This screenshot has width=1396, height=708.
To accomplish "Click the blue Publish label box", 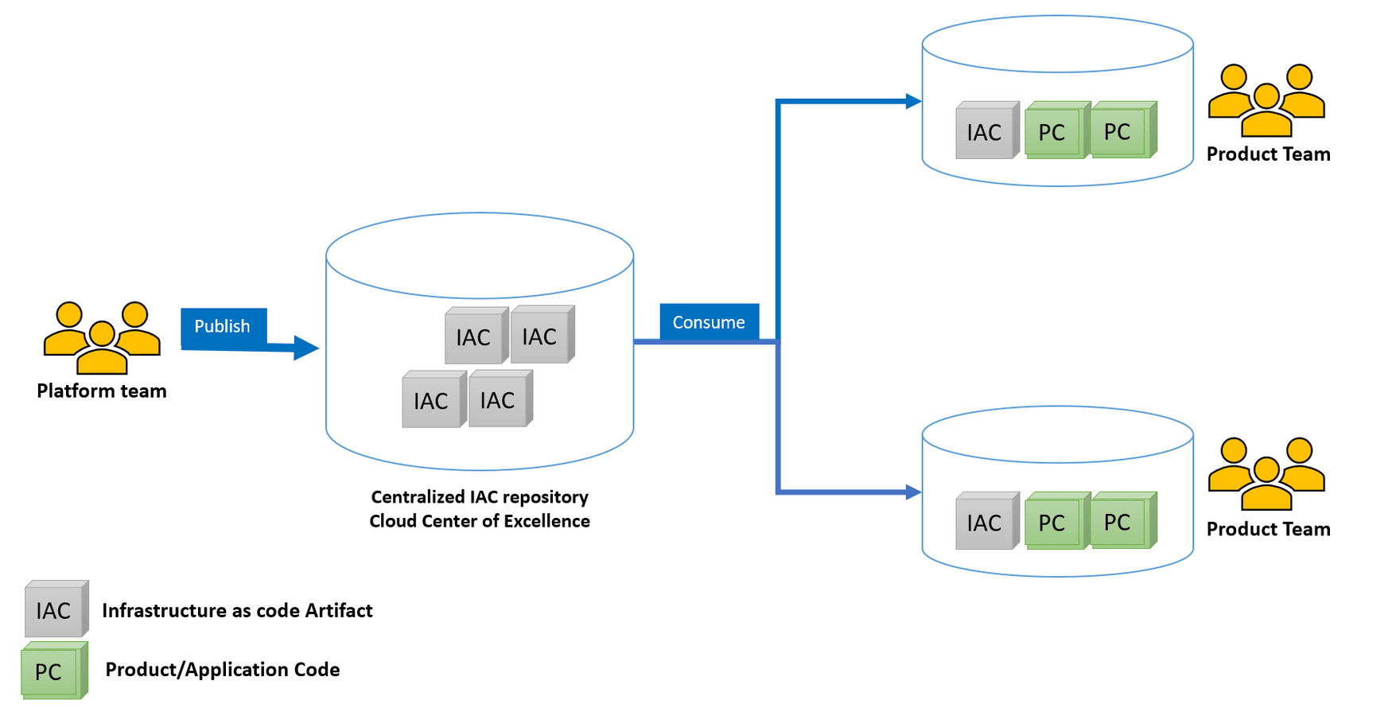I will pyautogui.click(x=223, y=327).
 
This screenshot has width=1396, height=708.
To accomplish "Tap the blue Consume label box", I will pyautogui.click(x=709, y=322).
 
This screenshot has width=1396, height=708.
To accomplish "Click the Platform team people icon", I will pyautogui.click(x=102, y=337).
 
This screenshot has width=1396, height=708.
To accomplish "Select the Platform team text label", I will pyautogui.click(x=102, y=391).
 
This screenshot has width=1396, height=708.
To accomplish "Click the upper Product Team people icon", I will pyautogui.click(x=1266, y=100).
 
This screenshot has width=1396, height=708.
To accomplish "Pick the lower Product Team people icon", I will pyautogui.click(x=1266, y=473).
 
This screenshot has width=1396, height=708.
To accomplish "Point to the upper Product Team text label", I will pyautogui.click(x=1268, y=154).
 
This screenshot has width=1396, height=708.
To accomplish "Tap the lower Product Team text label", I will pyautogui.click(x=1268, y=530).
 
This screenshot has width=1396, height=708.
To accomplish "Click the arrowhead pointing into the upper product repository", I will pyautogui.click(x=914, y=101).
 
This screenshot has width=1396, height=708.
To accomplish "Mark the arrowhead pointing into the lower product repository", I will pyautogui.click(x=914, y=492).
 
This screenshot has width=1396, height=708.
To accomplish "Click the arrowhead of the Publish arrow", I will pyautogui.click(x=305, y=348).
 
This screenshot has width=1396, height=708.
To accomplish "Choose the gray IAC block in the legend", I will pyautogui.click(x=55, y=609).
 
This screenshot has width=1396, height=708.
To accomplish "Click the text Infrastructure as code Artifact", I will pyautogui.click(x=237, y=611).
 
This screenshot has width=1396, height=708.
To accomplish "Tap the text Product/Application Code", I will pyautogui.click(x=223, y=670).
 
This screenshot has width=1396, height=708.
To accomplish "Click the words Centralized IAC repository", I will pyautogui.click(x=480, y=497).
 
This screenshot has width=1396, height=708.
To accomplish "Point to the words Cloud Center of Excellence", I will pyautogui.click(x=480, y=522).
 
